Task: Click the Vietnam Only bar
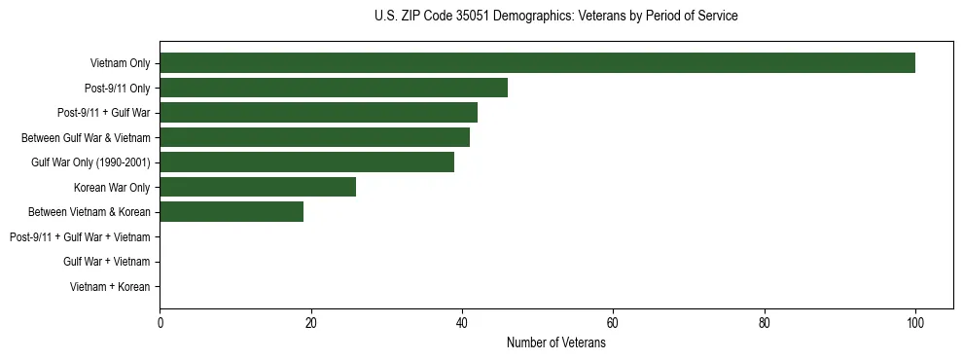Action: point(537,63)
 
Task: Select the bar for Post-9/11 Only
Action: point(334,89)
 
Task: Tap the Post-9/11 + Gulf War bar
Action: point(318,113)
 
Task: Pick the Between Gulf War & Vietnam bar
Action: point(314,137)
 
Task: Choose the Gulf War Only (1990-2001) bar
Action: point(306,162)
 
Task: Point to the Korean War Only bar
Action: point(258,187)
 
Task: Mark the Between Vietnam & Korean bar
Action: point(232,211)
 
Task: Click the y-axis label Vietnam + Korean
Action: point(110,286)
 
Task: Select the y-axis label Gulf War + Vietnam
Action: point(106,262)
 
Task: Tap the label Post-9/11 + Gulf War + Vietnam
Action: point(80,236)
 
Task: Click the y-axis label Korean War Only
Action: point(112,187)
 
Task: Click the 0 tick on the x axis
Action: point(160,323)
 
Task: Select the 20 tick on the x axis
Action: point(310,323)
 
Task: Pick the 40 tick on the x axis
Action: point(462,323)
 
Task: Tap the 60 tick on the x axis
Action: point(613,323)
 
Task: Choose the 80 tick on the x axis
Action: point(764,323)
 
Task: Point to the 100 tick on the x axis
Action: point(914,323)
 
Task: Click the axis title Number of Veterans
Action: point(555,342)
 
